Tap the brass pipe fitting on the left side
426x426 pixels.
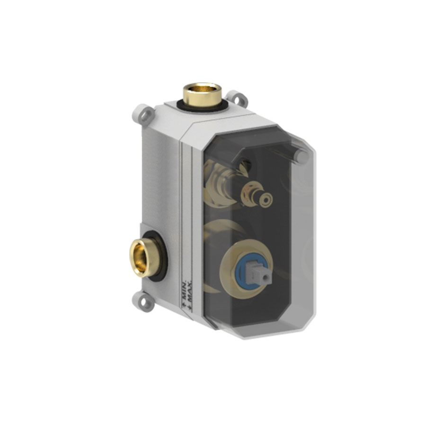pyautogui.click(x=141, y=257)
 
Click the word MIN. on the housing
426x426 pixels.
pyautogui.click(x=184, y=291)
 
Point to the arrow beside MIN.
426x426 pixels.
pyautogui.click(x=184, y=305)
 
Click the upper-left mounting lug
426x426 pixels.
pyautogui.click(x=143, y=115)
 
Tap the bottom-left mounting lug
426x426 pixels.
pyautogui.click(x=143, y=302)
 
